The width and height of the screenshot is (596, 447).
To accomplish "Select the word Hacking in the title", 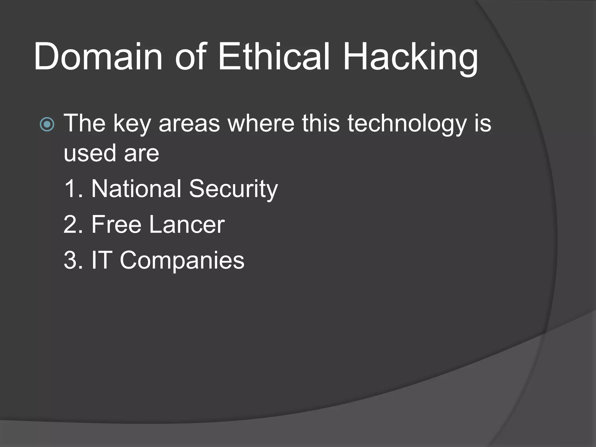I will tap(410, 58).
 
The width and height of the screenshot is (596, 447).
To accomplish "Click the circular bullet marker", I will tap(47, 125).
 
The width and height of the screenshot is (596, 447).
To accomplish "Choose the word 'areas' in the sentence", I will tap(189, 124).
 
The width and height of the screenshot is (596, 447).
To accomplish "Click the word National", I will tap(136, 189).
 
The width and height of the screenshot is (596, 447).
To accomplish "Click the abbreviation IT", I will tap(102, 260).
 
